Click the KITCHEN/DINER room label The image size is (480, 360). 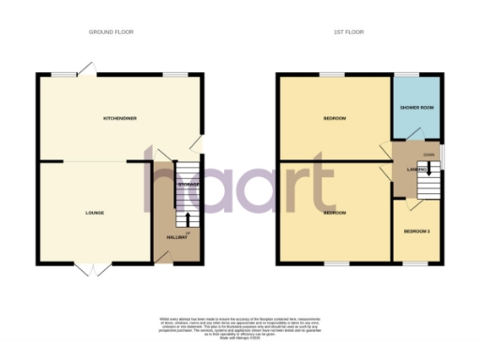click(x=120, y=118)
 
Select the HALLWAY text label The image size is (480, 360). click(x=177, y=237)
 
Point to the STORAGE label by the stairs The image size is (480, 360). click(x=188, y=185)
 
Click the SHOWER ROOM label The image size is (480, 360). click(x=416, y=107)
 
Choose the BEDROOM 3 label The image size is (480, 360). click(x=415, y=231)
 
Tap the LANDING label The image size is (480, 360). click(x=416, y=169)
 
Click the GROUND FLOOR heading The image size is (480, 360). click(x=112, y=32)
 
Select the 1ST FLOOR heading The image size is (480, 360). click(x=348, y=32)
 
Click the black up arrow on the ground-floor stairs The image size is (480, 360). click(x=188, y=219)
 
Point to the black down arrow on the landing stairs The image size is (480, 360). click(x=427, y=169)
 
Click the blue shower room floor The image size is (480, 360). click(x=416, y=122)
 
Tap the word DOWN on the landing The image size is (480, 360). click(x=428, y=154)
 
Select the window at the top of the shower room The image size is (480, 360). click(x=406, y=74)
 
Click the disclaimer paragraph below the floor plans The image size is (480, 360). click(x=240, y=328)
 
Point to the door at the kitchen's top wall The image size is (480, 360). click(x=85, y=68)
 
